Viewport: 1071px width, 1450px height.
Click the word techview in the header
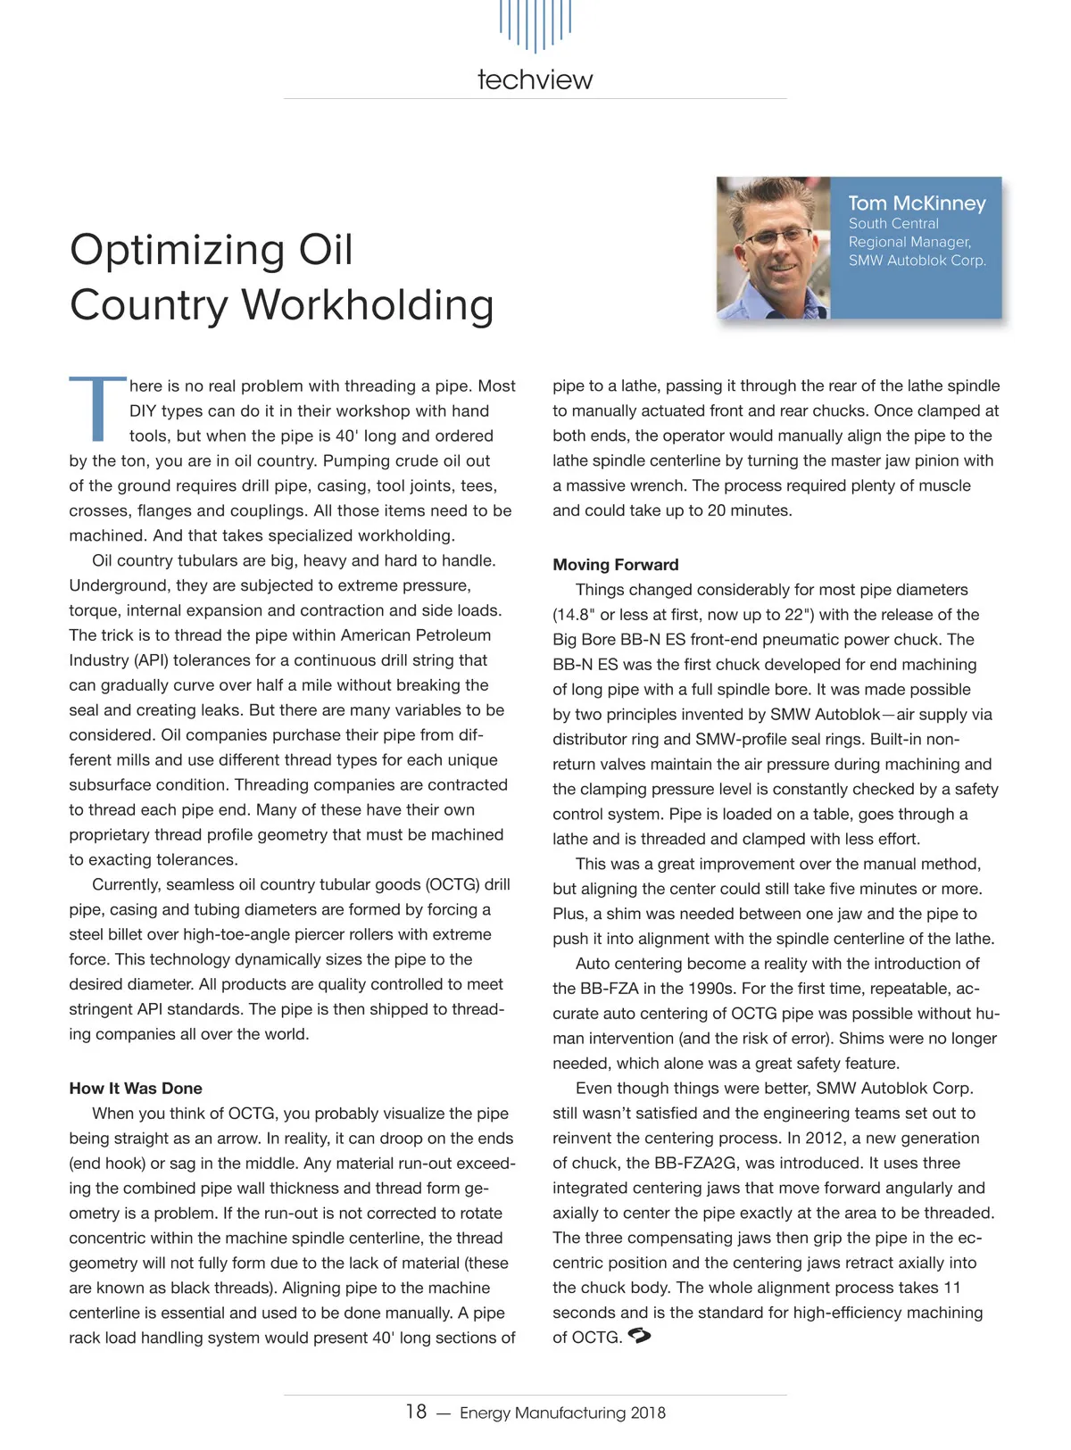[x=535, y=79]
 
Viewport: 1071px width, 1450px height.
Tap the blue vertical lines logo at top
[x=535, y=24]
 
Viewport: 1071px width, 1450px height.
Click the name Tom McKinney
[x=917, y=203]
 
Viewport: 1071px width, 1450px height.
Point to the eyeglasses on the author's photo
[x=778, y=236]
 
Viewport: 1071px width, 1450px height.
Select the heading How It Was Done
[x=136, y=1089]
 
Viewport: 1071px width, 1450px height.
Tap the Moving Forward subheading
[x=616, y=565]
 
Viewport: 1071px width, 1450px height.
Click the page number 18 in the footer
[x=416, y=1412]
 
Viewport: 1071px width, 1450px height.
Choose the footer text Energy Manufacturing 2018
[x=562, y=1413]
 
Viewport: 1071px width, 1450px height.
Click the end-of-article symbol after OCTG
[x=640, y=1337]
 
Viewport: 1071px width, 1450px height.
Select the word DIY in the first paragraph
[x=145, y=411]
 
